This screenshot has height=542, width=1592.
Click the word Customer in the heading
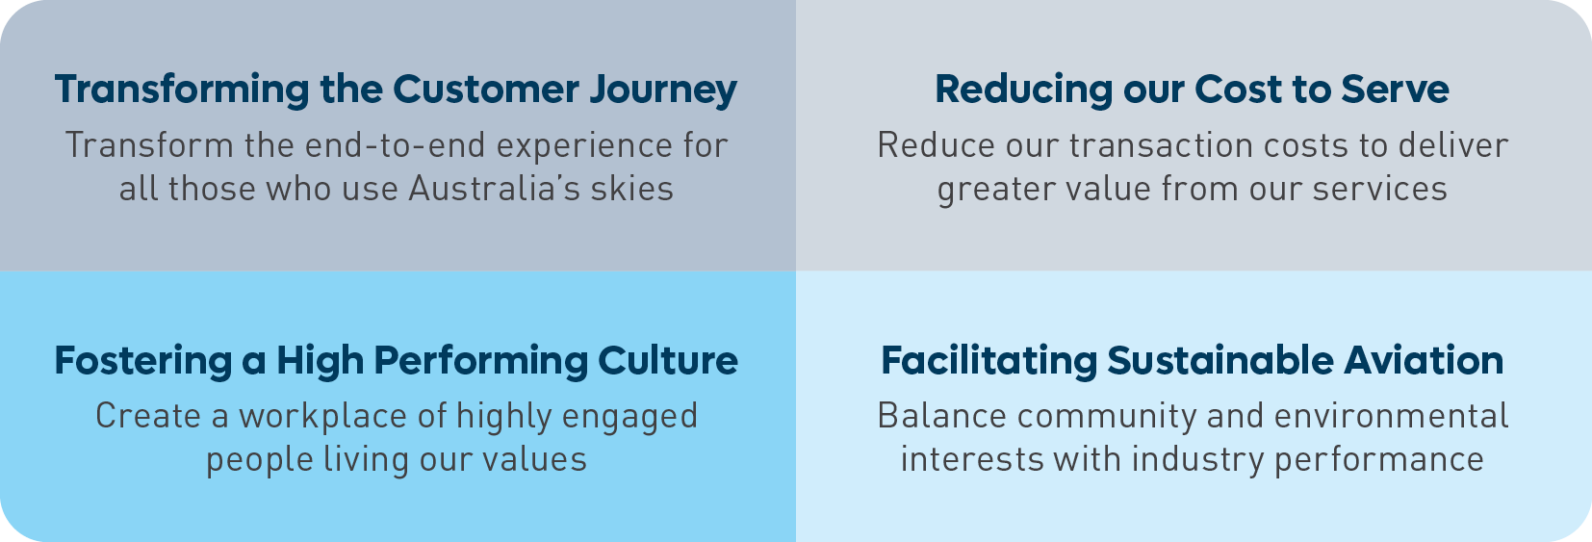click(486, 90)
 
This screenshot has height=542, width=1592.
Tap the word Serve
click(1395, 90)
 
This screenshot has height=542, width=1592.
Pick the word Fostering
click(143, 362)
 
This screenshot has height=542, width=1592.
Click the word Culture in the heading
click(667, 361)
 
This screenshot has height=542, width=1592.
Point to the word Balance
click(942, 416)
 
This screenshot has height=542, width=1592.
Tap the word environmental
click(1391, 416)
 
